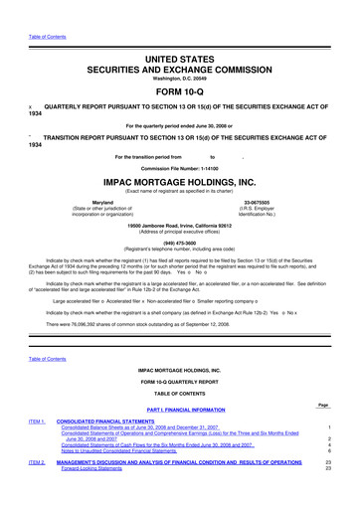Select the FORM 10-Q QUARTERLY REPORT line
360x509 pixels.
(x=180, y=381)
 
